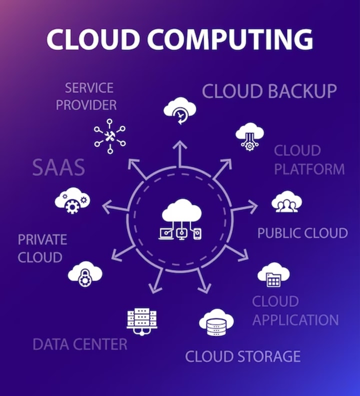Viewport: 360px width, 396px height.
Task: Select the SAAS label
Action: pos(58,168)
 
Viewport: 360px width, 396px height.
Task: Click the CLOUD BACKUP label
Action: pos(269,91)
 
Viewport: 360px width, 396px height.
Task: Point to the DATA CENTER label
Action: pos(80,344)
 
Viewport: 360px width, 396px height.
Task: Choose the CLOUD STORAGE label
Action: pos(243,356)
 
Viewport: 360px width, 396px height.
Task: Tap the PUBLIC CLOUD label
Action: pos(302,233)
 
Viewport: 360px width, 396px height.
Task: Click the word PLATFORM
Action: pos(309,169)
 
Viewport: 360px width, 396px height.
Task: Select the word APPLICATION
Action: pos(295,320)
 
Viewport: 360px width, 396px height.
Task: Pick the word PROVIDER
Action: pos(86,105)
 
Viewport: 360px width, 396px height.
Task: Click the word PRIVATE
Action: pos(42,239)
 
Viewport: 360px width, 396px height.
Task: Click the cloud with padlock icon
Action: pos(85,273)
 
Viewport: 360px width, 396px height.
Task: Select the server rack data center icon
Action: pos(141,319)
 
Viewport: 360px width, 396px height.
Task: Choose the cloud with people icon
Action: pos(286,201)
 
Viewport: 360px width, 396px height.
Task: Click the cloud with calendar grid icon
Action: pos(273,274)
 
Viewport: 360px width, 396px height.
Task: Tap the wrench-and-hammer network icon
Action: pos(109,135)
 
